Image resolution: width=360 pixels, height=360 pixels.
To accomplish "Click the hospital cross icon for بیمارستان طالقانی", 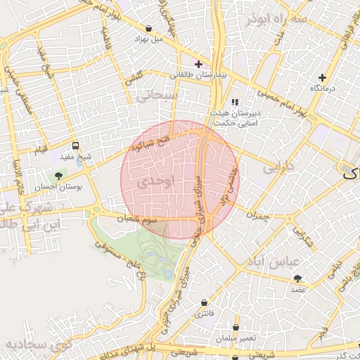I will point(199,64).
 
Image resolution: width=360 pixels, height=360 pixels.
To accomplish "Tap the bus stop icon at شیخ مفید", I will point(75,146).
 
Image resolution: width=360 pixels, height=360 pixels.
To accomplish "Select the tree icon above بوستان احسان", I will point(58,176).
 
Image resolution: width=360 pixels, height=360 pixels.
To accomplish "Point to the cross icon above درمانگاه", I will point(322,77).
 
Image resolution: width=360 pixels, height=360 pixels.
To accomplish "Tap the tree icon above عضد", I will point(297,277).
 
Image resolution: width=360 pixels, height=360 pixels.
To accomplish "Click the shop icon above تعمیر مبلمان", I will point(236,327).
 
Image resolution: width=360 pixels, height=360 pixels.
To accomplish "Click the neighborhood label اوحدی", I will point(154,181).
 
